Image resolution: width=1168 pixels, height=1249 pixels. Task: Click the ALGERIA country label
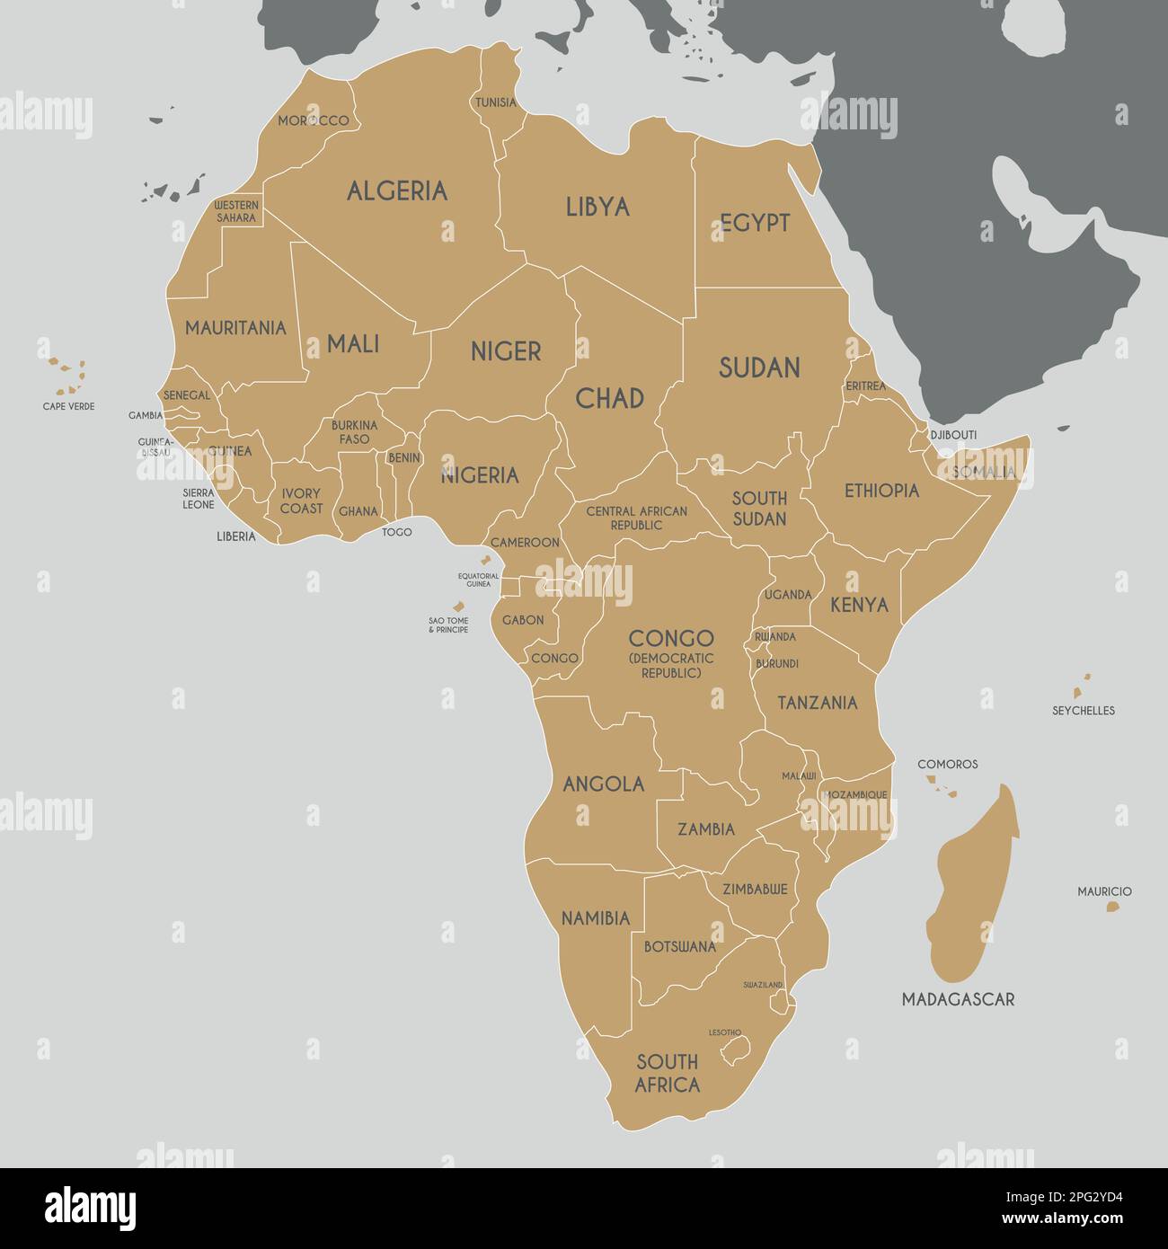[x=396, y=190]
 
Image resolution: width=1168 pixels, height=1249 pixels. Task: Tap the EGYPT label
[x=755, y=223]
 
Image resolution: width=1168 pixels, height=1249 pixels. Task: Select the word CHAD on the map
[x=609, y=398]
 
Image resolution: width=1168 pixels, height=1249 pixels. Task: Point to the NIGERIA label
[x=479, y=475]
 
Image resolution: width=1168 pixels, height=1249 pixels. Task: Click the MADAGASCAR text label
[x=958, y=999]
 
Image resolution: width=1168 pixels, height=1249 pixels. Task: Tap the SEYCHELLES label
[x=1083, y=710]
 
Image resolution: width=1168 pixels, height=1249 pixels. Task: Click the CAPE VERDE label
[x=68, y=406]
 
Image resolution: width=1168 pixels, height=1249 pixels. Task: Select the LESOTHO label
[x=725, y=1032]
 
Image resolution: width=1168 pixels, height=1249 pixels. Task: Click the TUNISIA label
[x=496, y=102]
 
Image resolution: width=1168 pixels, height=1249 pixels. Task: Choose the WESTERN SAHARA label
[x=235, y=211]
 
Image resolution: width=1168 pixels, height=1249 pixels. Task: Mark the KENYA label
[x=859, y=605]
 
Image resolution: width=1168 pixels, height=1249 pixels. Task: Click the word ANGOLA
[x=603, y=784]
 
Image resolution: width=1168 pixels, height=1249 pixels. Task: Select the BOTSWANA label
[x=679, y=946]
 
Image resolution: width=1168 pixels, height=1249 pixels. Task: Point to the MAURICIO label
[x=1104, y=891]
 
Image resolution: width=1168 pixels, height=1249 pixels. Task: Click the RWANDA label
[x=775, y=637]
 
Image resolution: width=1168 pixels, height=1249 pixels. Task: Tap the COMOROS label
[x=947, y=764]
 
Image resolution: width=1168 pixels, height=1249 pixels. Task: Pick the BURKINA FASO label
[x=354, y=432]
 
